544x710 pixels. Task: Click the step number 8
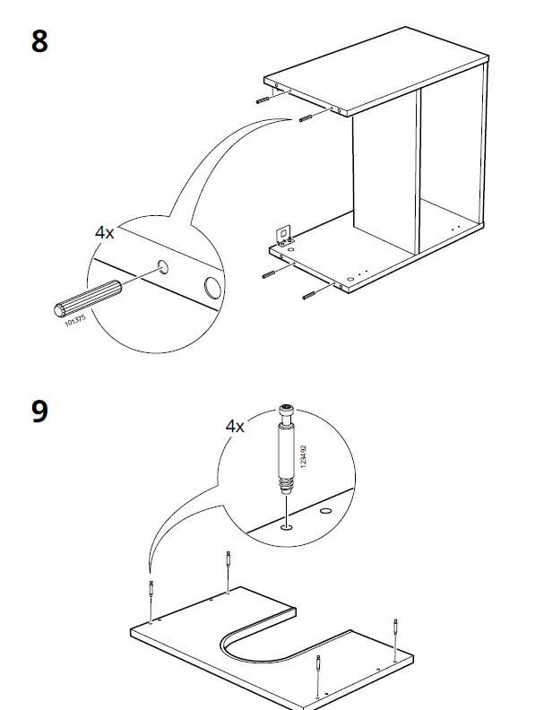[39, 41]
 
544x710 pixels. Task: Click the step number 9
[39, 411]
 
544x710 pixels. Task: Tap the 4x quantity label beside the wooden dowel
[105, 232]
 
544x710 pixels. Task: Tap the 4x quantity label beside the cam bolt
[235, 426]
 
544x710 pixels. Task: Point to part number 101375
[77, 317]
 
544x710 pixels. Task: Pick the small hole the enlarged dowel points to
[162, 266]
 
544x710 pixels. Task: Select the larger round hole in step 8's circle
[212, 288]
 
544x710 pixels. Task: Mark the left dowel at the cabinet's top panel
[263, 100]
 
